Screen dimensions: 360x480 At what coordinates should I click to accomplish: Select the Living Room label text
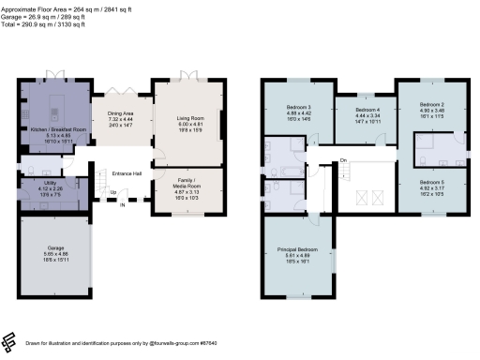click(x=190, y=119)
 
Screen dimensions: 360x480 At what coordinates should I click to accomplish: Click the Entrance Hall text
click(x=127, y=174)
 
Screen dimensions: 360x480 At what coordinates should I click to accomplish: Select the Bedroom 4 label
click(x=352, y=112)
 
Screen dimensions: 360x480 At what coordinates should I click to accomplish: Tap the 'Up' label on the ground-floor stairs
click(x=113, y=193)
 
